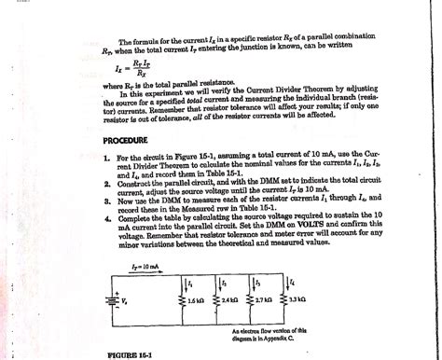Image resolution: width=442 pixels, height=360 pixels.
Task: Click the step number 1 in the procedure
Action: [x=108, y=160]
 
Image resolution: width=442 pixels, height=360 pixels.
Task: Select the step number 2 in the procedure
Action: [x=108, y=187]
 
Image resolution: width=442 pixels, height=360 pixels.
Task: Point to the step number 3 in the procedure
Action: [x=108, y=203]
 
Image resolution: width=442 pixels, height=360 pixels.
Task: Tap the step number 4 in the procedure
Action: [x=108, y=220]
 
